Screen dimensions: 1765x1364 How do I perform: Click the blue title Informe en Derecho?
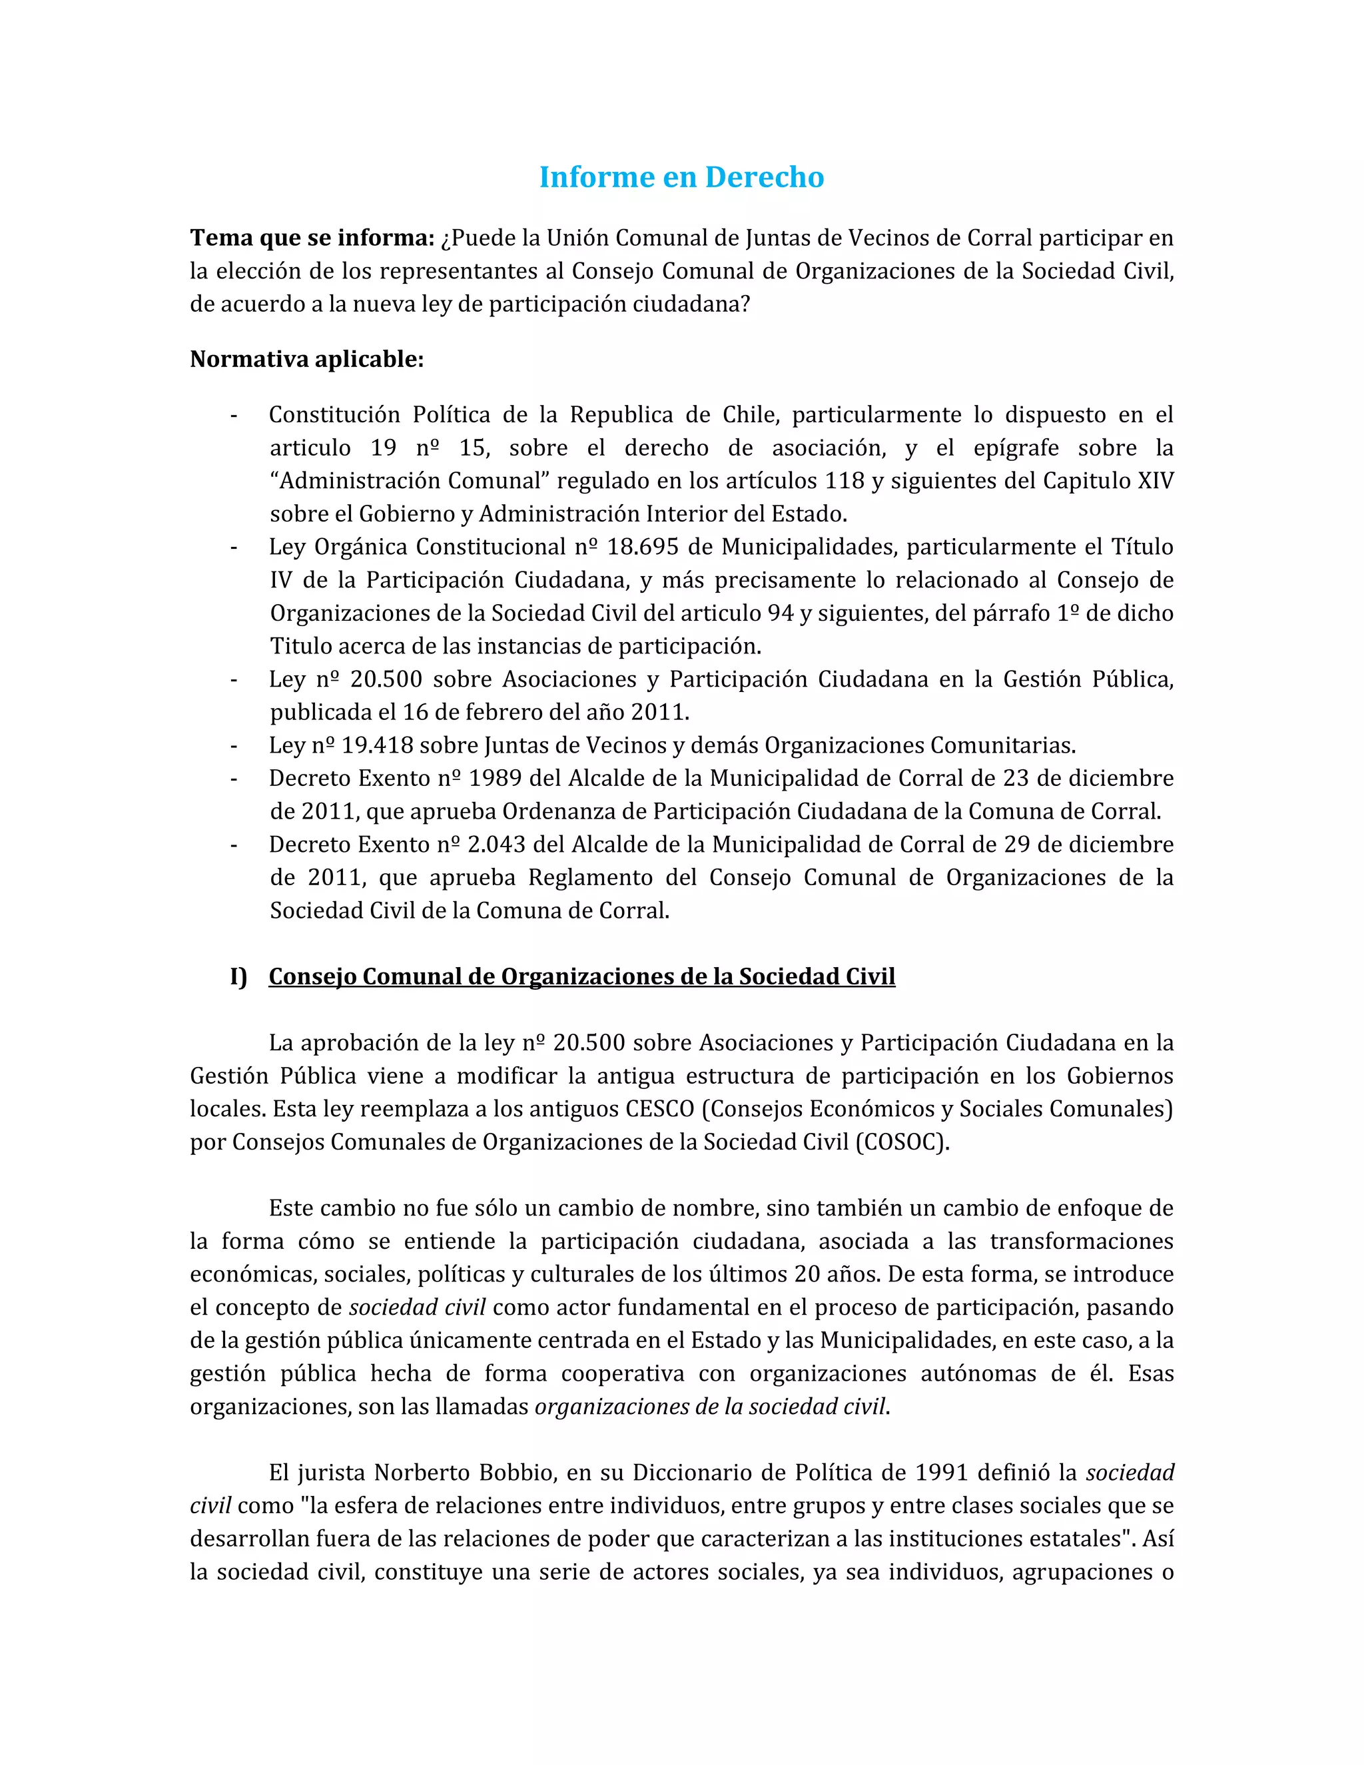tap(681, 177)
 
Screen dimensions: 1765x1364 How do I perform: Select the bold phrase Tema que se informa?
tap(312, 238)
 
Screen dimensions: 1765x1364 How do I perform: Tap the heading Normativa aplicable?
tap(306, 359)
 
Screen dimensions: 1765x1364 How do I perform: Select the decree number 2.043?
tap(497, 845)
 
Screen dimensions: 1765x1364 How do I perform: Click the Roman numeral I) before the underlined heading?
tap(238, 976)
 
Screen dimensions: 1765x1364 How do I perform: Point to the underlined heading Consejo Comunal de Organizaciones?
tap(582, 976)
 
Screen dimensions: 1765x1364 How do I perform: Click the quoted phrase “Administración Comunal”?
tap(410, 481)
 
